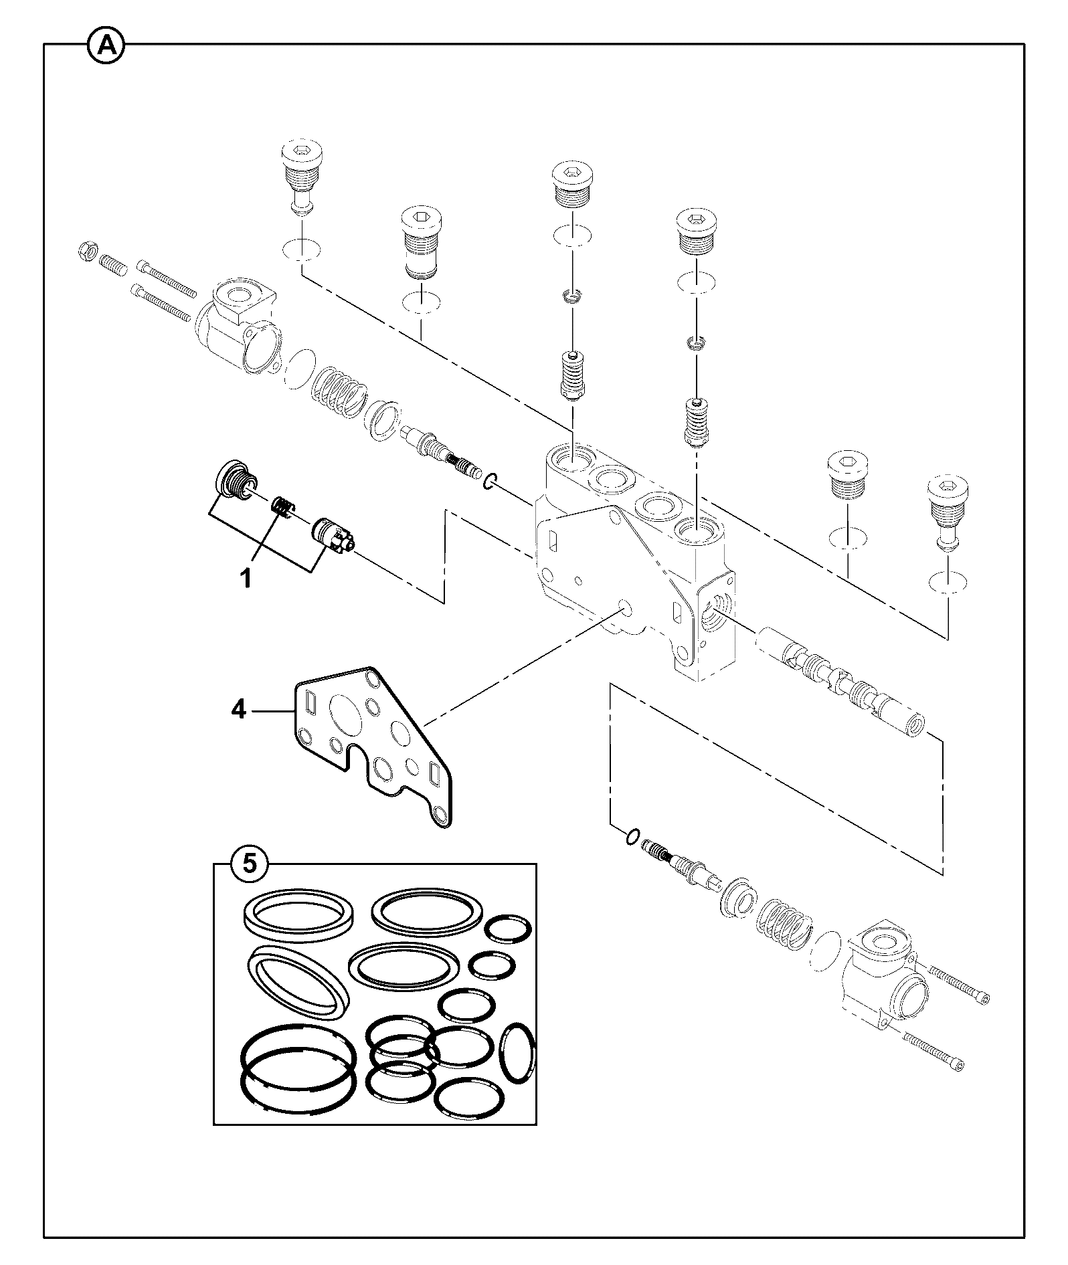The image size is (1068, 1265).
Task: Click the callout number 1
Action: coord(246,577)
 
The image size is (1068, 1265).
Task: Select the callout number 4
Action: coord(239,709)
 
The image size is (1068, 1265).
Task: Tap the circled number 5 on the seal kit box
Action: coord(248,864)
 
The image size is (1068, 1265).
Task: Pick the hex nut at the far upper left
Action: coord(86,250)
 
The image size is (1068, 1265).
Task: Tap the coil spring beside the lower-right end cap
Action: coord(784,922)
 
